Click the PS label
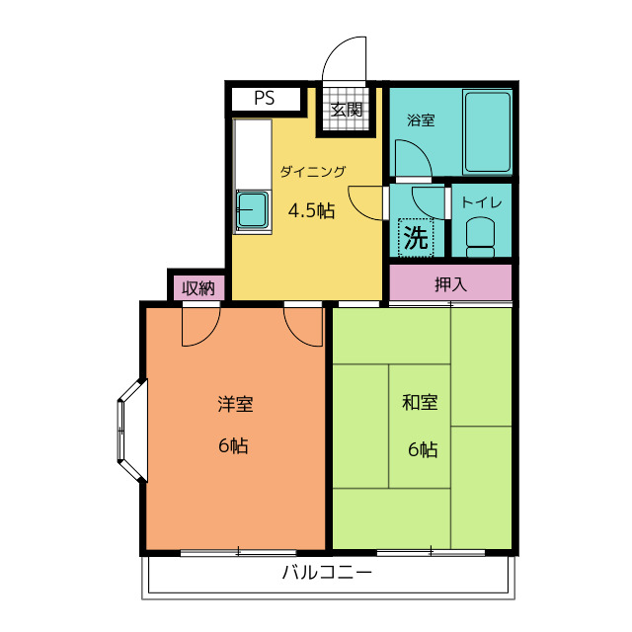pyautogui.click(x=265, y=98)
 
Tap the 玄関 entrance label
pyautogui.click(x=347, y=110)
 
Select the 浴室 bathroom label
pyautogui.click(x=421, y=120)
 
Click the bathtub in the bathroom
pyautogui.click(x=487, y=132)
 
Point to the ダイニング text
pyautogui.click(x=313, y=172)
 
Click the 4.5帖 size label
pyautogui.click(x=312, y=210)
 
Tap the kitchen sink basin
pyautogui.click(x=253, y=209)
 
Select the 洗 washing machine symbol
pyautogui.click(x=416, y=237)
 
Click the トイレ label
pyautogui.click(x=482, y=201)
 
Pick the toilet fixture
pyautogui.click(x=481, y=237)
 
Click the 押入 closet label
pyautogui.click(x=450, y=284)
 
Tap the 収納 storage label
pyautogui.click(x=197, y=288)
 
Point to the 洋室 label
pyautogui.click(x=236, y=404)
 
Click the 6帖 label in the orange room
pyautogui.click(x=233, y=445)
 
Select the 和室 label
pyautogui.click(x=420, y=402)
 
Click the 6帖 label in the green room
pyautogui.click(x=423, y=449)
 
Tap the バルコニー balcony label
pyautogui.click(x=327, y=573)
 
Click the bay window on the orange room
pyautogui.click(x=131, y=431)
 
